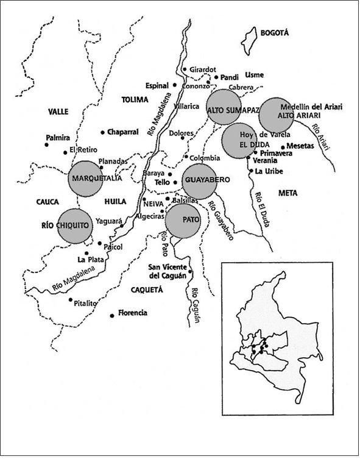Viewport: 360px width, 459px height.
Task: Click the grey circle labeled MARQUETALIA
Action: [90, 178]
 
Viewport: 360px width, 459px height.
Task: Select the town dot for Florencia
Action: [111, 316]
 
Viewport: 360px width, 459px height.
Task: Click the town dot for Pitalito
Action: [71, 300]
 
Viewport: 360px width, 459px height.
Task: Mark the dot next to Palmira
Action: [47, 144]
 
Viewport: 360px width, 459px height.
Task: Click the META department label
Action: [287, 194]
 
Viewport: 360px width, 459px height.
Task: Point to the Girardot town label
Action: [203, 69]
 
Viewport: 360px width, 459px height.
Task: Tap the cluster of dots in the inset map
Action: [258, 350]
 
